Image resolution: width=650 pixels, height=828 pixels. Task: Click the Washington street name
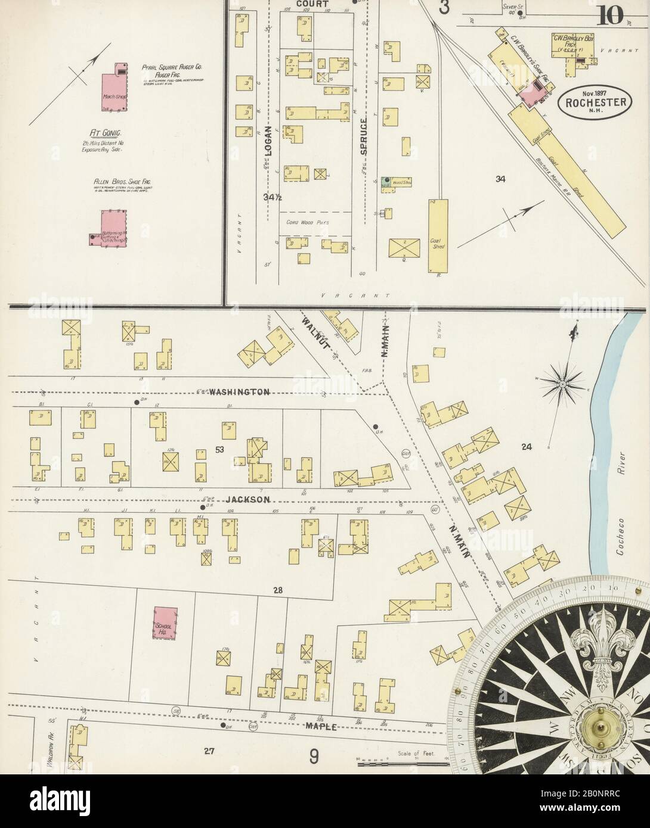[x=239, y=392]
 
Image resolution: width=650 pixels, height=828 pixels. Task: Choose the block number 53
[x=219, y=450]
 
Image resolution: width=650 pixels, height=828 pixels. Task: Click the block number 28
[x=277, y=590]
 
